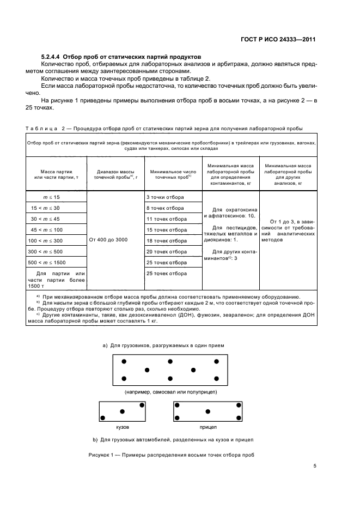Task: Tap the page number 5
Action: click(315, 466)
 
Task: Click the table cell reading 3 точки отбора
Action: click(166, 197)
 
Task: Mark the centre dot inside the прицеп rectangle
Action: click(208, 412)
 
